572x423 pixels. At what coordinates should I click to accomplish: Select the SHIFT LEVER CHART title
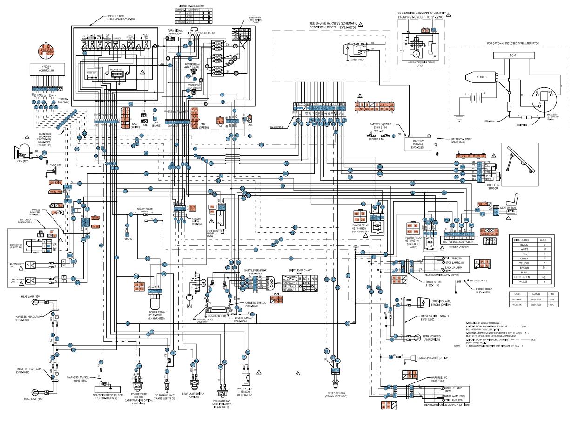[x=298, y=270]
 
